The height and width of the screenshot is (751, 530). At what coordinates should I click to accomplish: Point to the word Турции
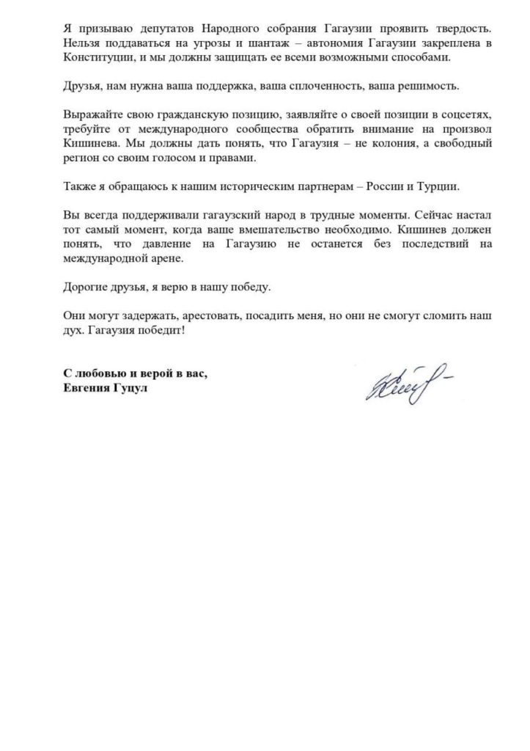436,187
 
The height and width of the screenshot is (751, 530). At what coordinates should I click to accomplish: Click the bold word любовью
99,375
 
